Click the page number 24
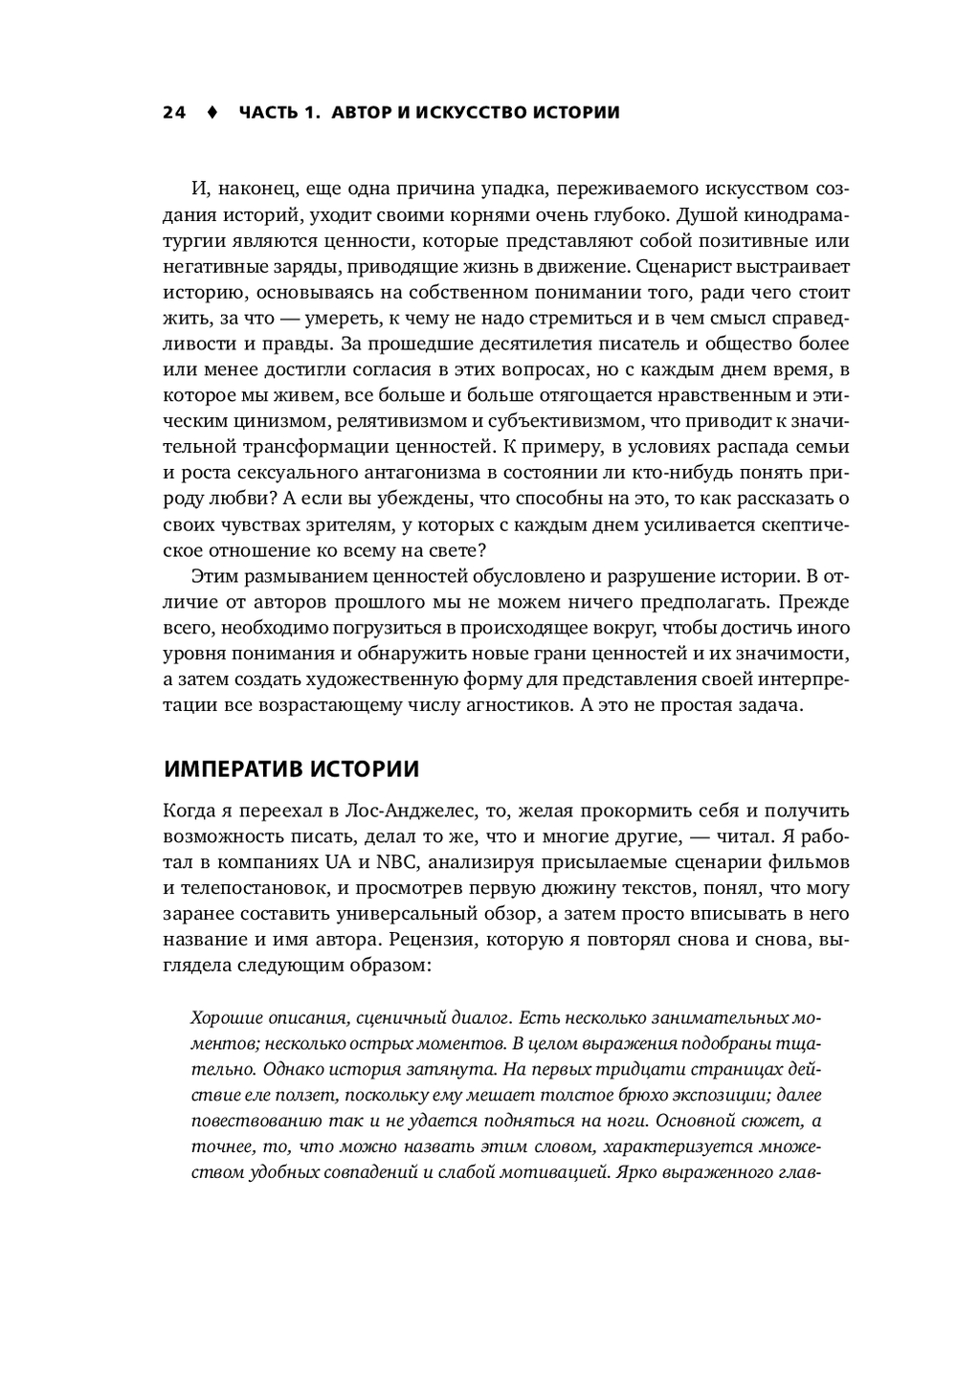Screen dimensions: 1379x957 click(174, 113)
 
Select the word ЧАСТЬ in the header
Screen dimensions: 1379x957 click(269, 113)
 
